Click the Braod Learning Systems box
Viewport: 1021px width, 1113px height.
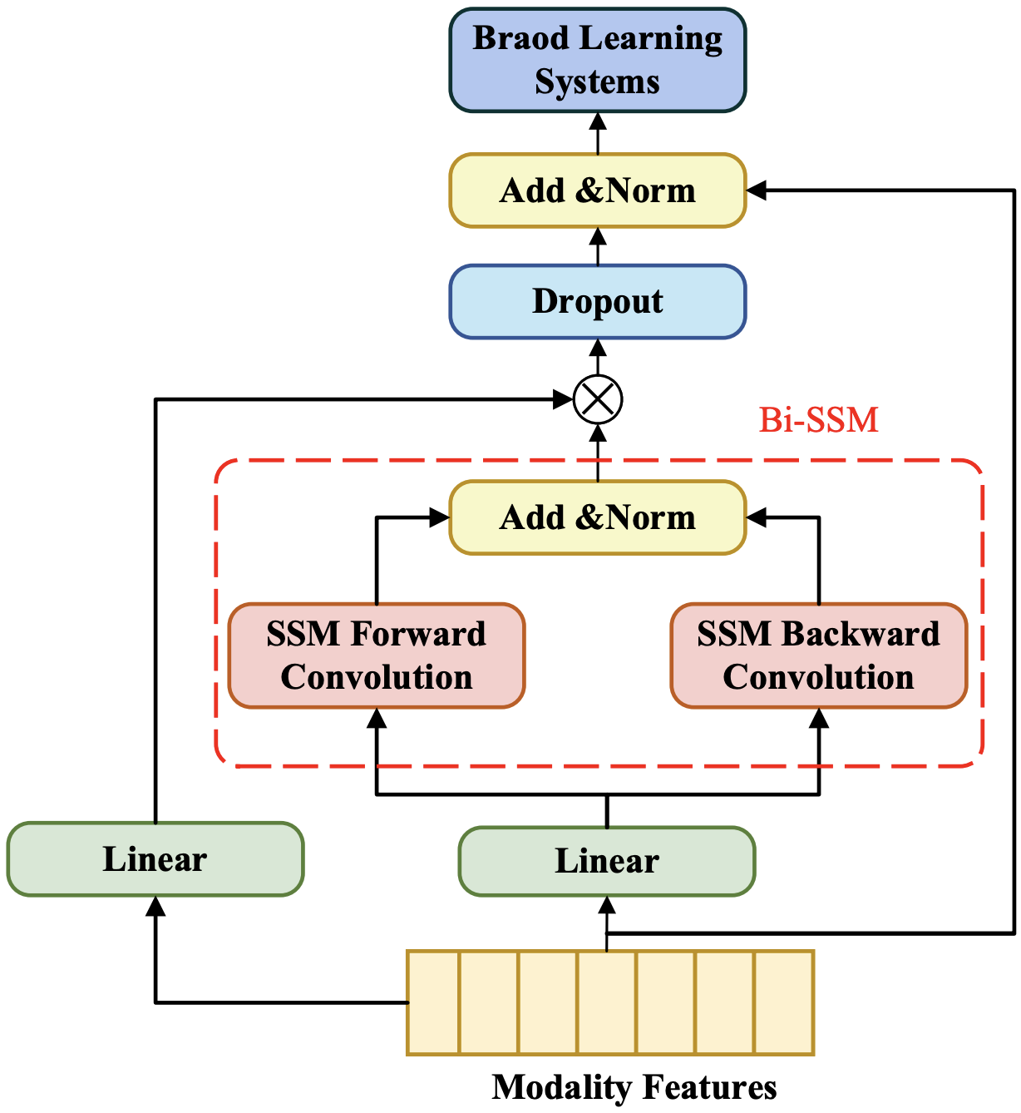(x=597, y=60)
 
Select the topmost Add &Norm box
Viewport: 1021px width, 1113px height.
(x=597, y=190)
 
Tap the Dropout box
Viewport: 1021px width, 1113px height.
(x=597, y=301)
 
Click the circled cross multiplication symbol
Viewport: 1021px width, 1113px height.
(x=598, y=399)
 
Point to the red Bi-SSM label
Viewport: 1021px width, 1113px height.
(x=818, y=420)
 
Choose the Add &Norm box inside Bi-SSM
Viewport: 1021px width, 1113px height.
(x=597, y=517)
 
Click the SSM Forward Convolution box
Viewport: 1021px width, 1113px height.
(x=377, y=655)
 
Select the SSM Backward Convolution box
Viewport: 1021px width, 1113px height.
(x=818, y=655)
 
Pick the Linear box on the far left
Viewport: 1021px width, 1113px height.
(x=155, y=859)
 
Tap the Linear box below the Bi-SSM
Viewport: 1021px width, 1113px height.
(x=607, y=861)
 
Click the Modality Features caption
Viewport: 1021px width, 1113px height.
(x=634, y=1087)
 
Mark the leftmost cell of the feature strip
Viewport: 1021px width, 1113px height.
(x=433, y=1002)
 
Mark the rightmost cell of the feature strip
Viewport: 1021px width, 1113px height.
(x=783, y=1002)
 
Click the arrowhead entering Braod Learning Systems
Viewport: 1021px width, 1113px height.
(x=598, y=121)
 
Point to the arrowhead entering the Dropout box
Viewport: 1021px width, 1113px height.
(x=598, y=348)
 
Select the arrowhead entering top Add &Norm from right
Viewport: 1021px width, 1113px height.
(x=756, y=190)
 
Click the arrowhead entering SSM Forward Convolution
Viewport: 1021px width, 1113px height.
(x=377, y=718)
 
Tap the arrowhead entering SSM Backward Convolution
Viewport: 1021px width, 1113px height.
(x=819, y=718)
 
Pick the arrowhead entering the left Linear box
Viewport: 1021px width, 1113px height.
(x=155, y=906)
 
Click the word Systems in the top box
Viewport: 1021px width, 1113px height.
(x=597, y=82)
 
